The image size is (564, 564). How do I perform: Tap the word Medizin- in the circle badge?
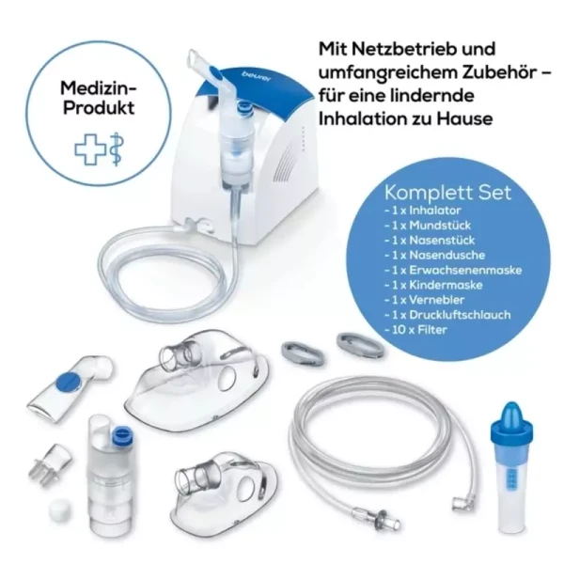pos(99,87)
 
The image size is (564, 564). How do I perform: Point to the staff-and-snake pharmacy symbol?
pos(117,149)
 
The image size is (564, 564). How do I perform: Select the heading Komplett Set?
pos(447,192)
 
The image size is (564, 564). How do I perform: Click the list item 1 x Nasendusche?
pos(434,255)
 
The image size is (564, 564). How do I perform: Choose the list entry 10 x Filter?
pos(415,330)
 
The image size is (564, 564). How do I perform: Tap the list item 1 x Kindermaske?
pos(433,285)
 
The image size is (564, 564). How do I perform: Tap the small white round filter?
pos(60,509)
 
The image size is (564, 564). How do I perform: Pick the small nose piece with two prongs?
pos(50,464)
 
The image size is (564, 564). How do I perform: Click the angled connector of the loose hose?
pos(460,503)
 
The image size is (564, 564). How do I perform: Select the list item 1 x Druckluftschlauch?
pos(447,315)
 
